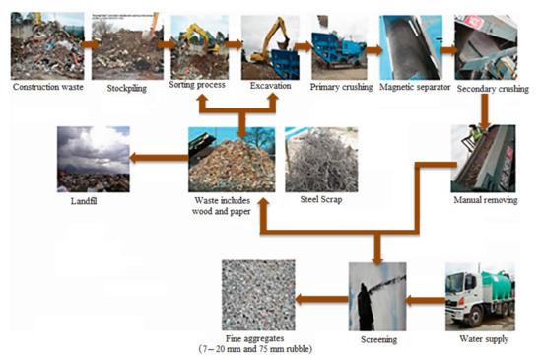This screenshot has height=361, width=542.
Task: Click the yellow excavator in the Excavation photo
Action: [x=271, y=39]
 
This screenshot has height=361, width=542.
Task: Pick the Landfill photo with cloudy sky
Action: [x=93, y=159]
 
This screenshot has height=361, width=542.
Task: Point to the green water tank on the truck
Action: [x=497, y=285]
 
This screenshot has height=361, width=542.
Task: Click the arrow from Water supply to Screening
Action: [x=425, y=296]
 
